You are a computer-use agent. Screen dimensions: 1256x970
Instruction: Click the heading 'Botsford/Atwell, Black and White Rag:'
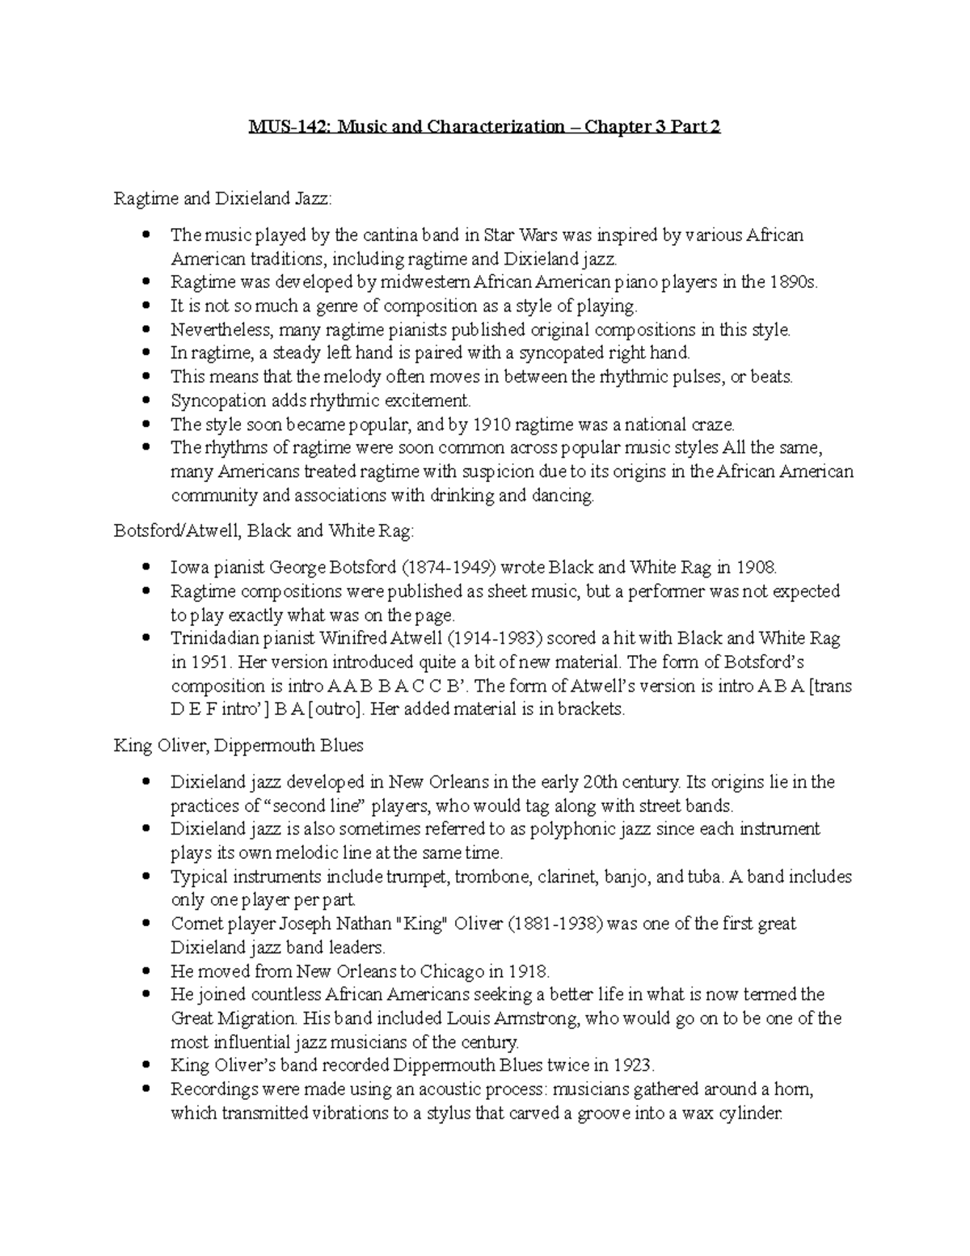click(x=264, y=531)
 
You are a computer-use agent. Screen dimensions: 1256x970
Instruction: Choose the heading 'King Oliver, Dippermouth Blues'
click(x=238, y=746)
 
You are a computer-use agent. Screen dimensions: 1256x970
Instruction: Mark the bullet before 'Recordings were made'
click(x=146, y=1089)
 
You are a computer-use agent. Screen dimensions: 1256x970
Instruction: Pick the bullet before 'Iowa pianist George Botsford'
click(x=146, y=568)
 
